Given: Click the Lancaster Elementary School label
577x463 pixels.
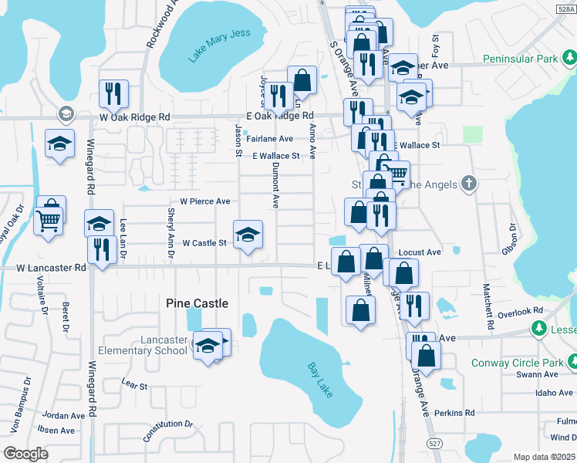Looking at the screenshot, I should [x=164, y=345].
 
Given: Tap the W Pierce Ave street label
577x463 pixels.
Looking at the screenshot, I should [x=205, y=201].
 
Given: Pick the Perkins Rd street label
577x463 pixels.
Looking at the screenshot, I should [x=454, y=413].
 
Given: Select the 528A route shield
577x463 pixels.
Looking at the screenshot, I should [x=566, y=8].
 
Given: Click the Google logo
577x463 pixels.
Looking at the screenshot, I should [x=25, y=454].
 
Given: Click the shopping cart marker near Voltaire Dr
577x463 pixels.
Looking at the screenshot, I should [x=49, y=222].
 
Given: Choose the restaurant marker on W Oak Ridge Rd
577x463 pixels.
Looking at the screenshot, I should [x=114, y=93].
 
